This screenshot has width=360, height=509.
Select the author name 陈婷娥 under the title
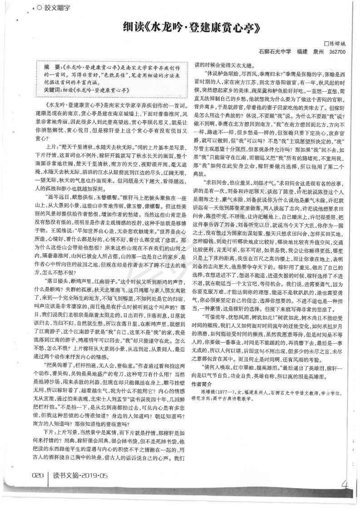click(337, 44)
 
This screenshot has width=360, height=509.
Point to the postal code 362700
click(336, 52)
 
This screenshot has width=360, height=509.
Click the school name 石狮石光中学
click(274, 52)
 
